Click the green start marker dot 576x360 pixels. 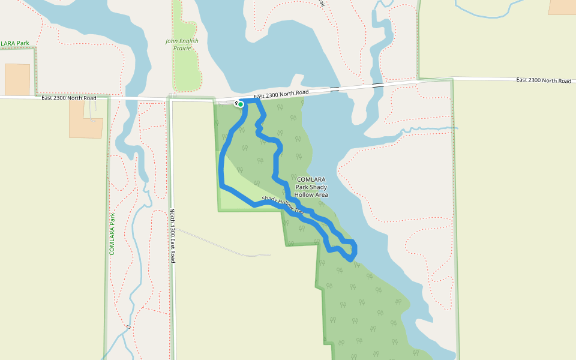pyautogui.click(x=241, y=104)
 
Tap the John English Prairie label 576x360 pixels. pyautogui.click(x=182, y=44)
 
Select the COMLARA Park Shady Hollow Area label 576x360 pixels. pyautogui.click(x=311, y=187)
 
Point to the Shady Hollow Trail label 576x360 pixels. pyautogui.click(x=283, y=206)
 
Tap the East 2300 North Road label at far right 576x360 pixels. pyautogui.click(x=543, y=80)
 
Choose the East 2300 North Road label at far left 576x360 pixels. pyautogui.click(x=69, y=98)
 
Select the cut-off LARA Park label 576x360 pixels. pyautogui.click(x=15, y=43)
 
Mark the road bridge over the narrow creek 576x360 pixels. pyautogui.click(x=377, y=85)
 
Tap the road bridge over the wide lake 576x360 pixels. pyautogui.click(x=334, y=89)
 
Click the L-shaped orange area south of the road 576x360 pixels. pyautogui.click(x=85, y=119)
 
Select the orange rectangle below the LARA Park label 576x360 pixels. pyautogui.click(x=17, y=79)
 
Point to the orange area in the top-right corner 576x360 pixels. pyautogui.click(x=562, y=7)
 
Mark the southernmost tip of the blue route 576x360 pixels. pyautogui.click(x=350, y=260)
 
